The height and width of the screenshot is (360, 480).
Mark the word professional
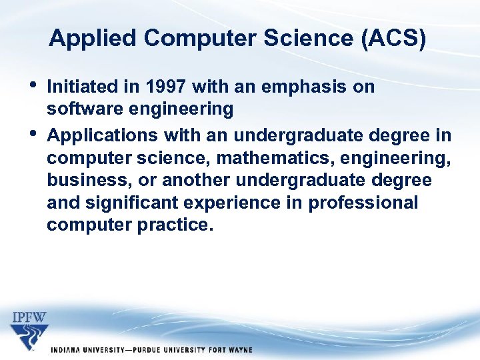[x=363, y=203]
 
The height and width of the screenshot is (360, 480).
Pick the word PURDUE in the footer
[x=151, y=350]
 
